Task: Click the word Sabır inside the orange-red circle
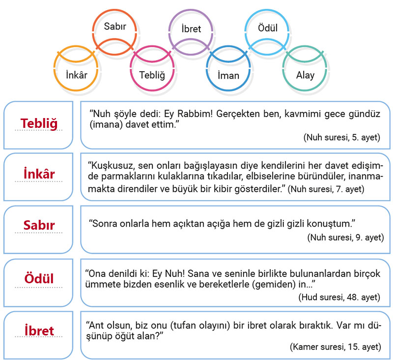pos(115,27)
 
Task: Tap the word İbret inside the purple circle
pos(191,29)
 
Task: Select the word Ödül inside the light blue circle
pos(268,28)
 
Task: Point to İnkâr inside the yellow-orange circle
pos(77,75)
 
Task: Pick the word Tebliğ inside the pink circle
pos(152,75)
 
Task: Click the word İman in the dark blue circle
pos(228,75)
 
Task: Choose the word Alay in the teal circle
pos(305,75)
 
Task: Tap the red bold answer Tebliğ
pos(39,123)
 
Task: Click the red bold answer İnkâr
pos(39,174)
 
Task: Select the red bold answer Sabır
pos(39,225)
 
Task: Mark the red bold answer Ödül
pos(39,278)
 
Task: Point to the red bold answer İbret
pos(39,330)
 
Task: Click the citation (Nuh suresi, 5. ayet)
pos(342,137)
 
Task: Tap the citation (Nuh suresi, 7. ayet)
pos(326,189)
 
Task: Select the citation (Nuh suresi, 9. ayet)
pos(346,237)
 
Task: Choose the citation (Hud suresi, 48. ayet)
pos(339,297)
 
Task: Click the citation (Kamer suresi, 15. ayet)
pos(336,347)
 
